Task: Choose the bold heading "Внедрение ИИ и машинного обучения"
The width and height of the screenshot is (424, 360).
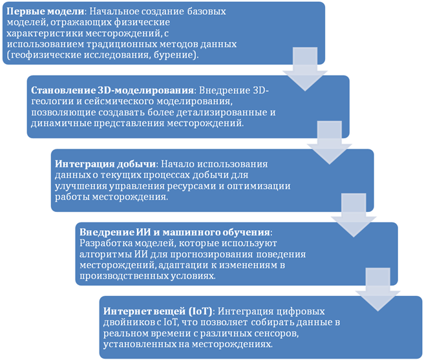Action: [x=175, y=231]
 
